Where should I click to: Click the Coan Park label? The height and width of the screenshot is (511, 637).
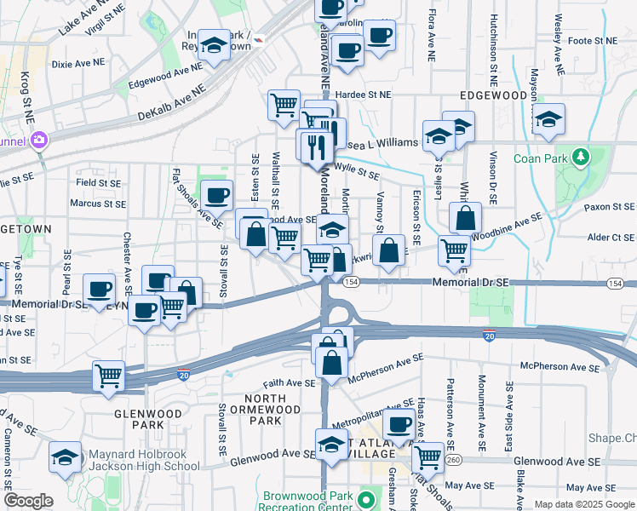[539, 158]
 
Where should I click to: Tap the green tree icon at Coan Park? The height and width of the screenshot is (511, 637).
[581, 158]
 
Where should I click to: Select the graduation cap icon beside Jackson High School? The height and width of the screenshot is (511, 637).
[66, 457]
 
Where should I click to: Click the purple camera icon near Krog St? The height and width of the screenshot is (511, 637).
[38, 140]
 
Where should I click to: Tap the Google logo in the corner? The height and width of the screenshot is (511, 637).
[27, 501]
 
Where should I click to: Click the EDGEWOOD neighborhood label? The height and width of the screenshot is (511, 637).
[494, 95]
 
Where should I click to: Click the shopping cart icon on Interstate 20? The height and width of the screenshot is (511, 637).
[109, 376]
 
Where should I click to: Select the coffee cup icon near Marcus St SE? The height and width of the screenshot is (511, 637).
[216, 195]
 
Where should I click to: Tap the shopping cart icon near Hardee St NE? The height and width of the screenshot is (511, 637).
[284, 106]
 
